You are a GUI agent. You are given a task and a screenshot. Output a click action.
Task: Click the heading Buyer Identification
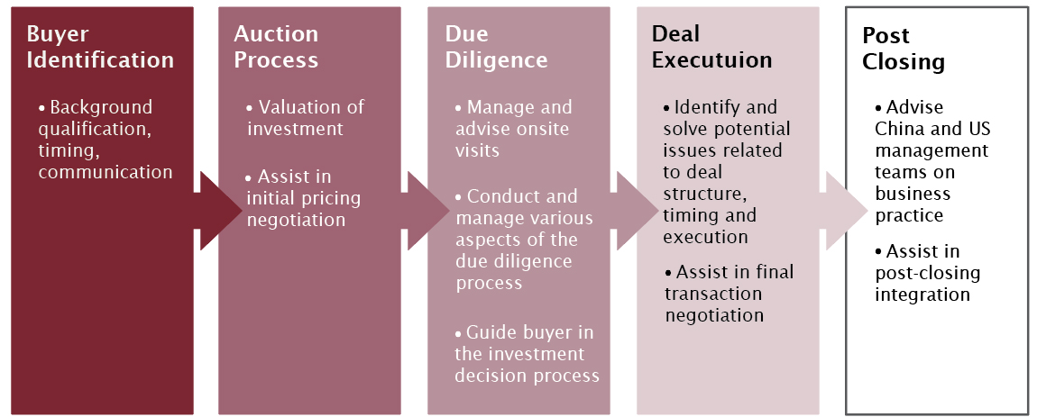(99, 47)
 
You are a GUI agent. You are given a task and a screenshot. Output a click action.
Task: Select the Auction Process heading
(276, 47)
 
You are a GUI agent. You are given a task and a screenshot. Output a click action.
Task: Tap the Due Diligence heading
(496, 47)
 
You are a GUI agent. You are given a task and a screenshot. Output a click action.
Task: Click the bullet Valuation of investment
(306, 118)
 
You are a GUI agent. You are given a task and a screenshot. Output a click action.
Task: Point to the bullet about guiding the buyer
(528, 354)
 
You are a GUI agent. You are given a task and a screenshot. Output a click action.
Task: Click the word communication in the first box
(105, 172)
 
